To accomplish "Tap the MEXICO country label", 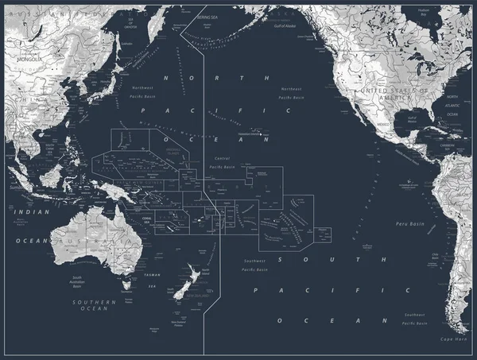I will [x=383, y=124].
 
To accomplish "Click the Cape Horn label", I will [x=453, y=339].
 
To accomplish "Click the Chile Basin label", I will [x=435, y=256].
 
